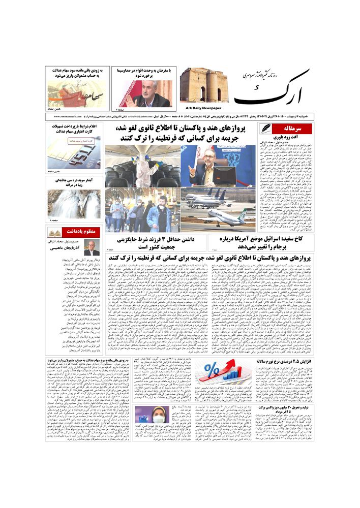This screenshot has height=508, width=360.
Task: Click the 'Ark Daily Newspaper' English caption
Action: click(200, 108)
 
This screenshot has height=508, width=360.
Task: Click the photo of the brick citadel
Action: click(201, 85)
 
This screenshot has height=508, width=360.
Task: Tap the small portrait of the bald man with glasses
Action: click(92, 248)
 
